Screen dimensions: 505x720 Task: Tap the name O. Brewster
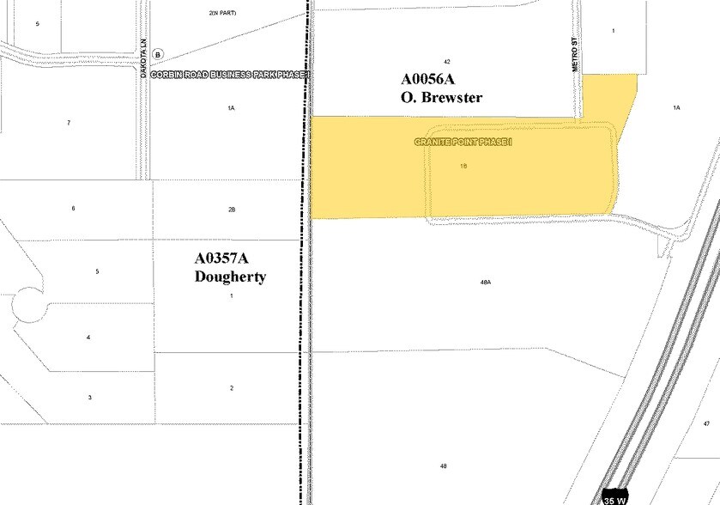(441, 97)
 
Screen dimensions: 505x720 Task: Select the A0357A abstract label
(227, 259)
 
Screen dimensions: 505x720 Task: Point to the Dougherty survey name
(231, 277)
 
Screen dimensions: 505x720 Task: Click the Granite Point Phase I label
(463, 142)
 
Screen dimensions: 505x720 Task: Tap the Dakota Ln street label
(145, 61)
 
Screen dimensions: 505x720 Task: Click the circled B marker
(157, 54)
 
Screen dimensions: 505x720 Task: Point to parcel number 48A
(485, 282)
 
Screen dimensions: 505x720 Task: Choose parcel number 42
(447, 62)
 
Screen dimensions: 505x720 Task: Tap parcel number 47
(706, 424)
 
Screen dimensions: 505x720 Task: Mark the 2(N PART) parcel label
(221, 14)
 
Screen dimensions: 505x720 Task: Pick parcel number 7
(69, 123)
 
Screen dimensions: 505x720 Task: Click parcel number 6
(74, 209)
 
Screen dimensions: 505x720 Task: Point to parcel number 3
(89, 397)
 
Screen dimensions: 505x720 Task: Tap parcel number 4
(88, 338)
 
